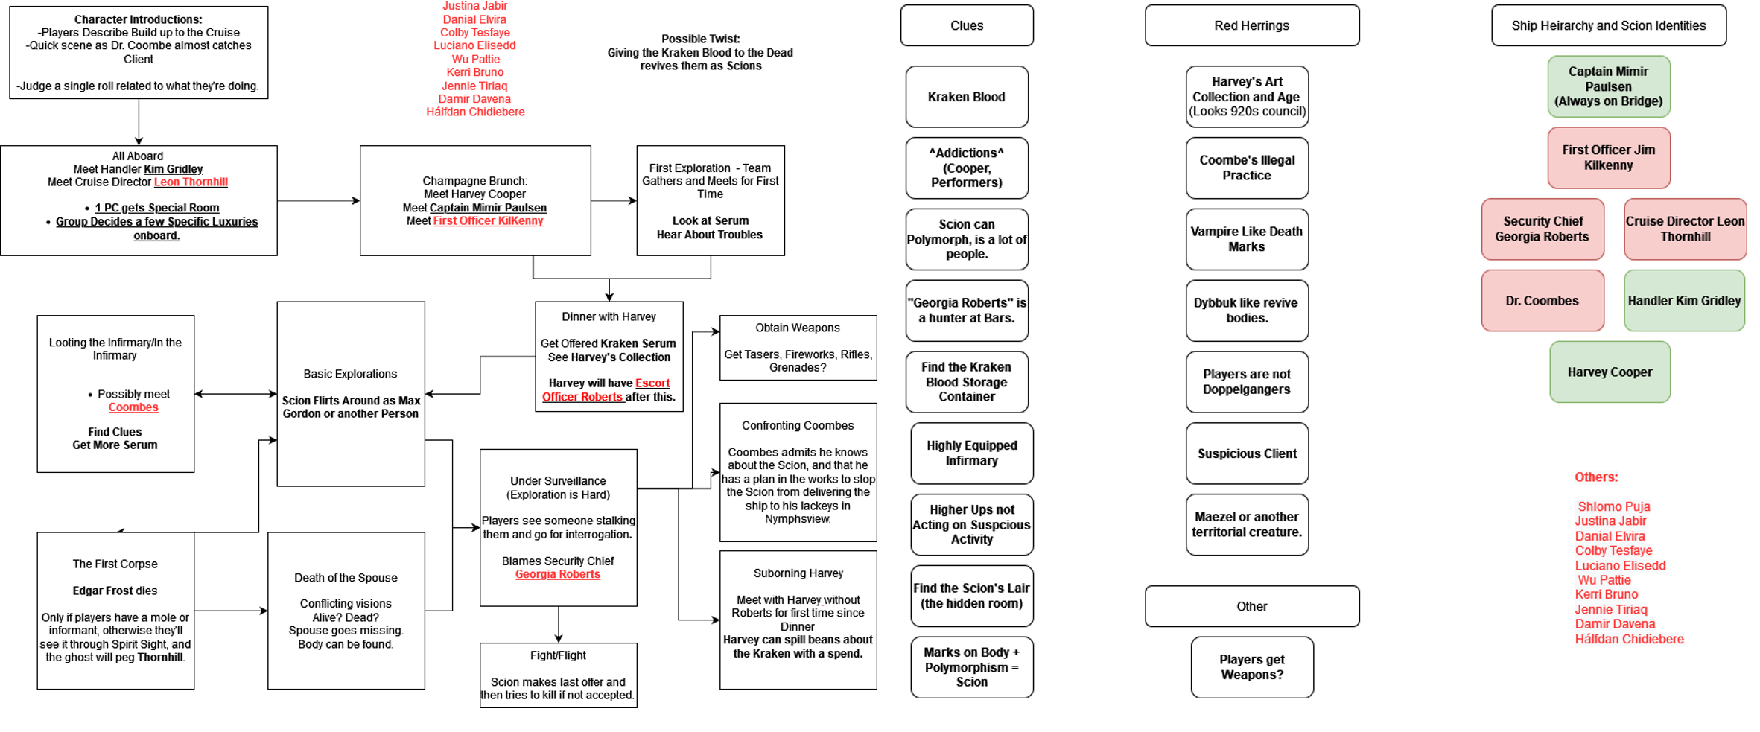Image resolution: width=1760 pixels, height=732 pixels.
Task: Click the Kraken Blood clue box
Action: tap(966, 97)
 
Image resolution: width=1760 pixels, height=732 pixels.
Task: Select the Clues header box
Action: tap(966, 25)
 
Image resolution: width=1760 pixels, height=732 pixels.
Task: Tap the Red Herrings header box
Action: tap(1251, 25)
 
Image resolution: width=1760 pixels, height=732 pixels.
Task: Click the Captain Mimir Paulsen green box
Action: tap(1608, 86)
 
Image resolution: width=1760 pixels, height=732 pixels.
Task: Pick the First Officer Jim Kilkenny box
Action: tap(1608, 157)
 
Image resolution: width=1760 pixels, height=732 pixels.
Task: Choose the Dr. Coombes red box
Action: tap(1542, 301)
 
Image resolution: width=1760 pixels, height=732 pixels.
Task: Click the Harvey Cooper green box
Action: tap(1610, 372)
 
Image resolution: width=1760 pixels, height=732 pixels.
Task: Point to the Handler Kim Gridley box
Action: tap(1684, 301)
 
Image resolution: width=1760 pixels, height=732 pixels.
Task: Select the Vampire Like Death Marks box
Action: tap(1246, 239)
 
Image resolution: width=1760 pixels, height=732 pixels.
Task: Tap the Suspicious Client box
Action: tap(1246, 453)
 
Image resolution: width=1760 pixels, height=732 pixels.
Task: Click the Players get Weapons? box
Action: tap(1251, 667)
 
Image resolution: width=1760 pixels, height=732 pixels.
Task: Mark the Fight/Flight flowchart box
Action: tap(558, 675)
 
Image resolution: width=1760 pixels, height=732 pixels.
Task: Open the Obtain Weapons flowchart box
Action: tap(798, 348)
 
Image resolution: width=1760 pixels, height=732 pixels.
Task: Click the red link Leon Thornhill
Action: tap(191, 182)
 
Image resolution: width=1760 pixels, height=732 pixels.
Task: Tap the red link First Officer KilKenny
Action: tap(488, 221)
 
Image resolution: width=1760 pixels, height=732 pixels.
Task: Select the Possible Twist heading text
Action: tap(700, 39)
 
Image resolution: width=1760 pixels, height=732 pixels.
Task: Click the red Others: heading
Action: tap(1595, 477)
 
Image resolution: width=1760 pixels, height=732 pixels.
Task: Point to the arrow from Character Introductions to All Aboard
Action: tap(139, 121)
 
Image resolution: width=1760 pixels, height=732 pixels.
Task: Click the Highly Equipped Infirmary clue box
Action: tap(971, 453)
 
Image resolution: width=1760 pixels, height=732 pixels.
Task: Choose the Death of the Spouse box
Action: tap(346, 611)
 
